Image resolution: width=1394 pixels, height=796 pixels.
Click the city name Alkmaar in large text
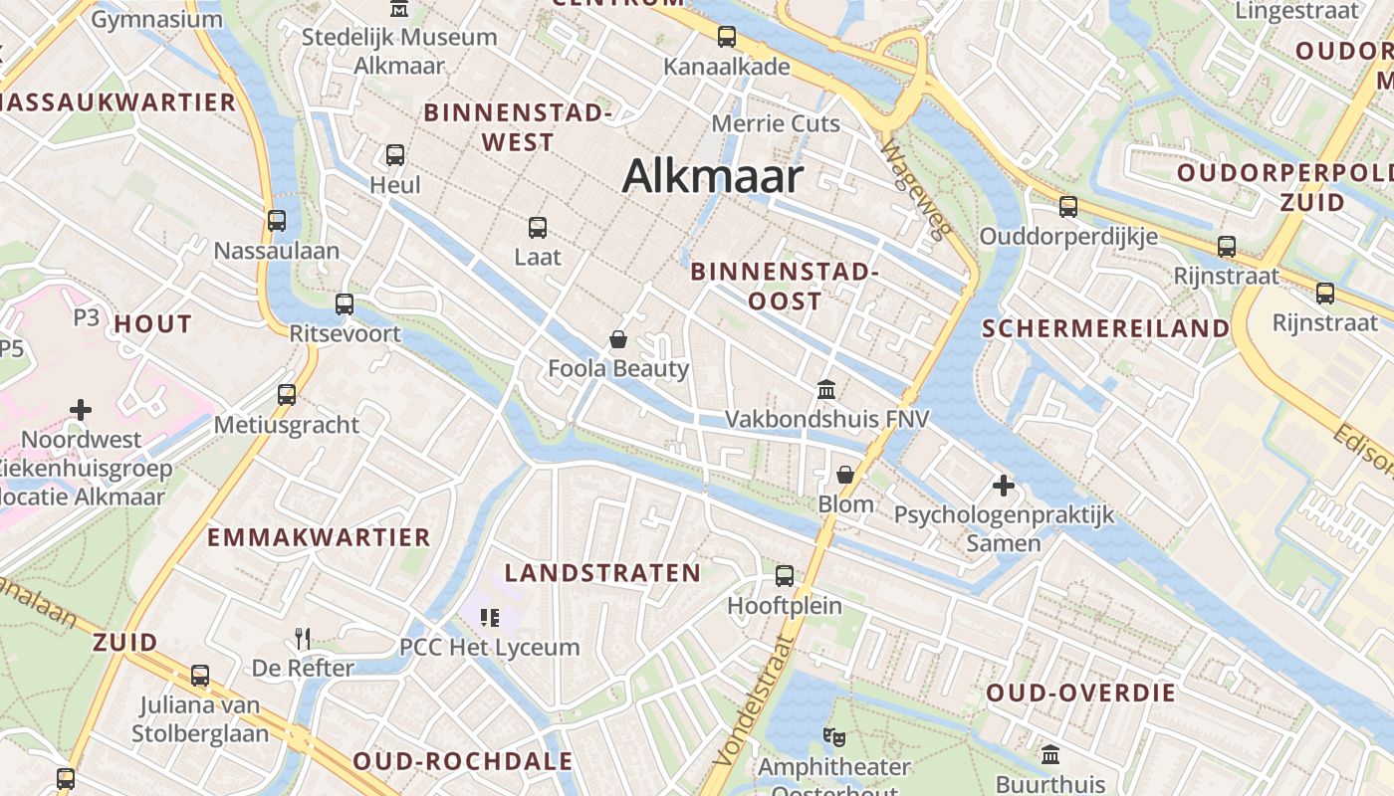712,177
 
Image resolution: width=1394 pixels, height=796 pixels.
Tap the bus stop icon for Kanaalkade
727,38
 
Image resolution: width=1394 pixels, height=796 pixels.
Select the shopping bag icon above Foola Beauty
618,340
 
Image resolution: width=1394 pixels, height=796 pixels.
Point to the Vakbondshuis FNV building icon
825,390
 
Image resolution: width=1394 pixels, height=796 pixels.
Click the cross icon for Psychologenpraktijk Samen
1003,486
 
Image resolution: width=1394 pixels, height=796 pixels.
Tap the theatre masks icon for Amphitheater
833,737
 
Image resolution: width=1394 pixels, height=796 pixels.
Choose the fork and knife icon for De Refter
303,638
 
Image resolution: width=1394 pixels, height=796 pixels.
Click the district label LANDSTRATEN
602,573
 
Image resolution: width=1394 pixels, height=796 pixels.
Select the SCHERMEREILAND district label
1105,328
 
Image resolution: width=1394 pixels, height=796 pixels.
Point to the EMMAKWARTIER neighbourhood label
319,537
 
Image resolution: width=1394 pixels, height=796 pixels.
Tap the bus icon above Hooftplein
785,575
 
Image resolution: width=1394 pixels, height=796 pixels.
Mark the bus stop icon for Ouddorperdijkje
1068,207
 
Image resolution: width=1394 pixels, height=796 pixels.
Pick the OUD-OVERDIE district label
1081,693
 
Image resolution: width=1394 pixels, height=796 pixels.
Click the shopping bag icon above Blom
845,475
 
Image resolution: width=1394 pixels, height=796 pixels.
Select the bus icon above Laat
538,227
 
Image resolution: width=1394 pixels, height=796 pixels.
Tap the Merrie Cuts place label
776,124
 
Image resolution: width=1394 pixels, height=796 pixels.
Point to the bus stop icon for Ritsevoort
345,304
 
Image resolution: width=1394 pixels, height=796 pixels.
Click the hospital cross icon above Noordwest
81,409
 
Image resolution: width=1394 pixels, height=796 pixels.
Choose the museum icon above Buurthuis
1050,755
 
